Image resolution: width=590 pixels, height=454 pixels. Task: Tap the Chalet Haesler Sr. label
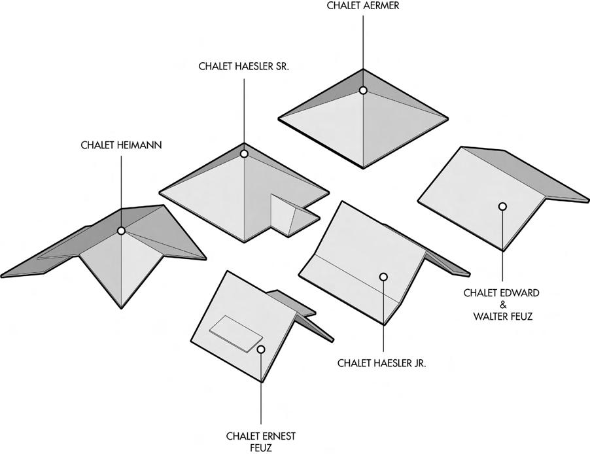click(x=244, y=67)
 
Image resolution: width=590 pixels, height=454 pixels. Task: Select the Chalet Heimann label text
click(x=121, y=145)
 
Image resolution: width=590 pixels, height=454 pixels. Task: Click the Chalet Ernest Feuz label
click(x=261, y=441)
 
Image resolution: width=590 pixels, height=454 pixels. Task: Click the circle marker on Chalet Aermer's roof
click(x=363, y=90)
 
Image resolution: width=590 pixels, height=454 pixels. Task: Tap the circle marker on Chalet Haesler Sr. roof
click(x=244, y=154)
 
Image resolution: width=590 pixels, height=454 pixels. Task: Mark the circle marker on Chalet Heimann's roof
click(x=121, y=230)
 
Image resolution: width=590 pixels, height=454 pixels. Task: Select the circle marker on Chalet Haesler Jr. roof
click(x=383, y=277)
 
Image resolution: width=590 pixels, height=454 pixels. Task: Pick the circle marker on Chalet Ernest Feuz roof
click(x=261, y=349)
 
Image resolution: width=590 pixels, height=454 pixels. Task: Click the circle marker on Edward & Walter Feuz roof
click(x=502, y=207)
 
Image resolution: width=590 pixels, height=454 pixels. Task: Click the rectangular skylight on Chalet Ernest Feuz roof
click(x=234, y=334)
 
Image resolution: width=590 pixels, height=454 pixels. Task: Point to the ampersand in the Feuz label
click(x=502, y=305)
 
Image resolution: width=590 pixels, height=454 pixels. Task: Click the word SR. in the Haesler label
click(x=279, y=67)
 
